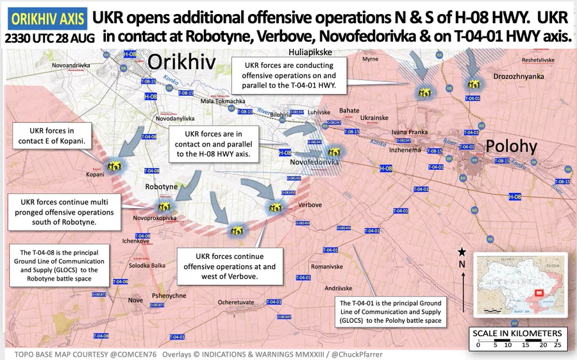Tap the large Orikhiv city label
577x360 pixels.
(183, 62)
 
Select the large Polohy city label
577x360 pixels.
(511, 146)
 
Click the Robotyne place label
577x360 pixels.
(162, 186)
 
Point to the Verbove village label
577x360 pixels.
(310, 205)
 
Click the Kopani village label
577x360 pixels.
(94, 174)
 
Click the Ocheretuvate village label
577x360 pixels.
(237, 301)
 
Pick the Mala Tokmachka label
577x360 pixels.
(222, 101)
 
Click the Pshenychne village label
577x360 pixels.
(169, 295)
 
